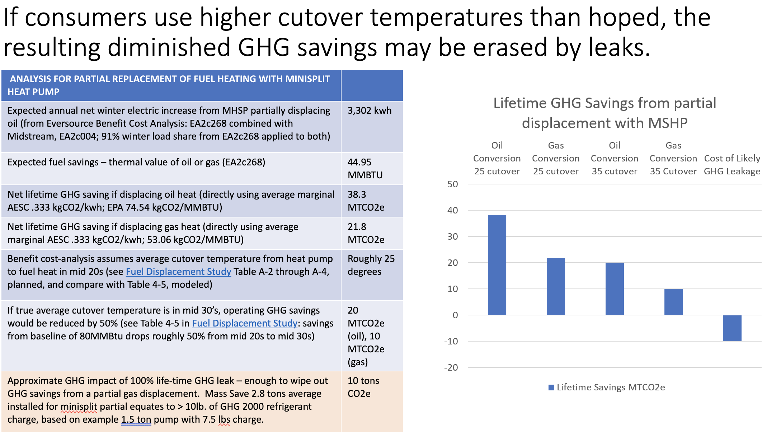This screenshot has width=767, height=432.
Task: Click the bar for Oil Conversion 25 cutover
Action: [497, 265]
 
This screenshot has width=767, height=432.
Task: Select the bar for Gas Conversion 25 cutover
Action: [556, 286]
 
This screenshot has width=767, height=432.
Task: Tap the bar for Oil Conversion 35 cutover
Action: [615, 289]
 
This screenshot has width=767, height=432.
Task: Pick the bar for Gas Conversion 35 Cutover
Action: [673, 302]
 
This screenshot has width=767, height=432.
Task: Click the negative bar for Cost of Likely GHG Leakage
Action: [732, 328]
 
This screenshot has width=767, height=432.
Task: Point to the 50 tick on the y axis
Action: [453, 184]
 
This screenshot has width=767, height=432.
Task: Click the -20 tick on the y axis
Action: [451, 367]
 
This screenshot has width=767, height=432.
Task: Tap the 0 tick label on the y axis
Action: [455, 315]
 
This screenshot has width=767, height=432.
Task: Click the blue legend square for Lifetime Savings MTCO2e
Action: [551, 388]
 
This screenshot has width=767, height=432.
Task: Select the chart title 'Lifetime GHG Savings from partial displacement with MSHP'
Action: [604, 113]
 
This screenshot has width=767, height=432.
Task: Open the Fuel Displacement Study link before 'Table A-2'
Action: [178, 272]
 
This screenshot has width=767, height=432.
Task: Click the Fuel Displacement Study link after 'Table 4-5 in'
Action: [245, 323]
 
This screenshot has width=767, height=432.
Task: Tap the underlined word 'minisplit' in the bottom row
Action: [79, 407]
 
